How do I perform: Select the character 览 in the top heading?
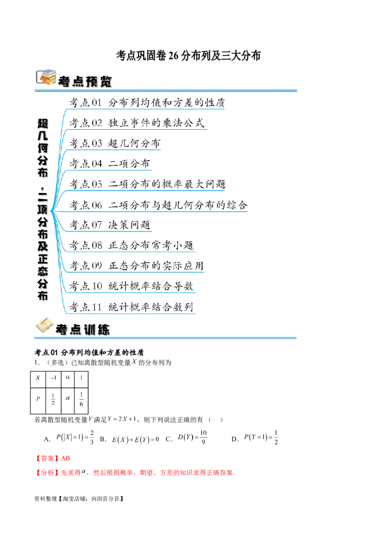coord(106,81)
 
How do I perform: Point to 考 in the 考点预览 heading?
coord(64,81)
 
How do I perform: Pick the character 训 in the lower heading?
coord(89,330)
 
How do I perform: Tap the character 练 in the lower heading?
coord(104,330)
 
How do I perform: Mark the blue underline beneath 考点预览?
coord(188,90)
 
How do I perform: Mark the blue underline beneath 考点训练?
coord(188,338)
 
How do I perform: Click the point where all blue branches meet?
coord(51,211)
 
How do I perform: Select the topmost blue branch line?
coord(146,110)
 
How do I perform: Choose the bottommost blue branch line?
coord(132,313)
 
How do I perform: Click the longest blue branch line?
coord(156,213)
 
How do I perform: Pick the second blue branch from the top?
coord(139,129)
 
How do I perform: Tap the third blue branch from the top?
coord(115,150)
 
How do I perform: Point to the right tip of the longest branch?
coord(248,213)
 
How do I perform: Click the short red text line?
coord(52,458)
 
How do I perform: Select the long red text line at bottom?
coord(135,473)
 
